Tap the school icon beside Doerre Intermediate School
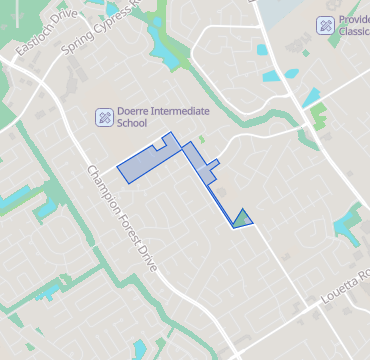103,118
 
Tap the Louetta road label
345,284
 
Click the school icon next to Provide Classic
325,25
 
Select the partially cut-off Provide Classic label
354,25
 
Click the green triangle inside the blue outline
242,218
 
